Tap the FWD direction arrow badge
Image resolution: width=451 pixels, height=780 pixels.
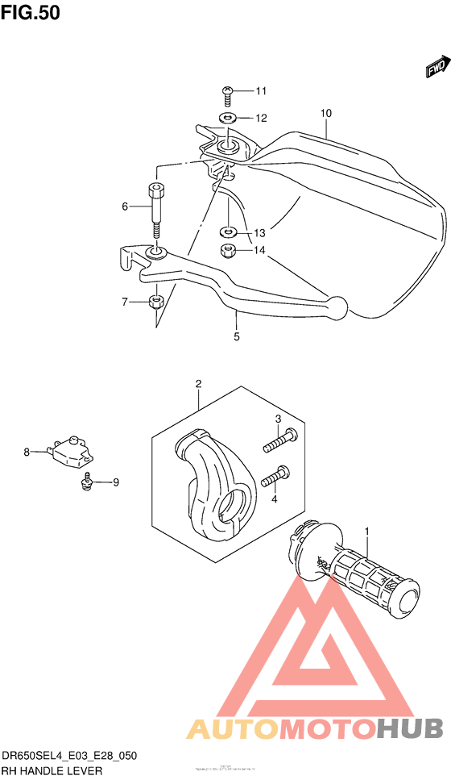tap(436, 68)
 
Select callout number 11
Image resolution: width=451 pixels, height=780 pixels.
tap(261, 90)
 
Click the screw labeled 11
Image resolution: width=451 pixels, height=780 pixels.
tap(227, 95)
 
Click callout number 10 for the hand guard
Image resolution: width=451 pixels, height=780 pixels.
tap(325, 114)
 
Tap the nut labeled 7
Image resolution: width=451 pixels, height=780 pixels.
tap(157, 302)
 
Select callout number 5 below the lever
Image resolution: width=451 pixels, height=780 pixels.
tap(237, 337)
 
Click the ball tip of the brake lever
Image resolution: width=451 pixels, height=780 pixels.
tap(338, 306)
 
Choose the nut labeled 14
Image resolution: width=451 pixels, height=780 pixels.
tap(228, 251)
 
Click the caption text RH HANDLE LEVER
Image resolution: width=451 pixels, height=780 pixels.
tap(52, 771)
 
